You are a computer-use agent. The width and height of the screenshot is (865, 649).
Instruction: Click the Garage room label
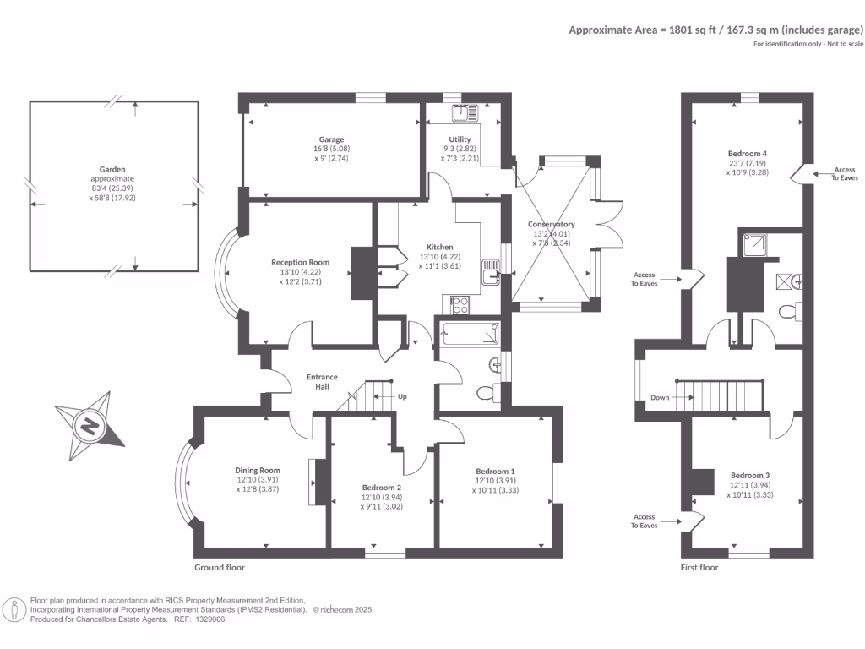(x=331, y=139)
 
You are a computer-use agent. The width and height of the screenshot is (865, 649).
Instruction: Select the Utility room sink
(x=465, y=113)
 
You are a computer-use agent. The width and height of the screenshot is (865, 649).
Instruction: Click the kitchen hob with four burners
(x=460, y=305)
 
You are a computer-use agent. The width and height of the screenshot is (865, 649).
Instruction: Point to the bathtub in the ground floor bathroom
(x=471, y=334)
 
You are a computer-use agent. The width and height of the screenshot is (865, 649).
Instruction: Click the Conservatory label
(x=551, y=224)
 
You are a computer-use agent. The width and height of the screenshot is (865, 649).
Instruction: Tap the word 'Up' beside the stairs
(x=402, y=396)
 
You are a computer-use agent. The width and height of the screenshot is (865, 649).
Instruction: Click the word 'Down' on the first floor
(x=660, y=397)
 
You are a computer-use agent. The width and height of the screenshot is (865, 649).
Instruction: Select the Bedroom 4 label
(x=747, y=154)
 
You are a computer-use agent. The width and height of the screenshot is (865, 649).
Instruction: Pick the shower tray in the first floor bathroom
(x=755, y=245)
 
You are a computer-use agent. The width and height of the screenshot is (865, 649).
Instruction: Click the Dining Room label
(x=258, y=470)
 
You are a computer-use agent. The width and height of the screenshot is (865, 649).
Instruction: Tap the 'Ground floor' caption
(x=219, y=567)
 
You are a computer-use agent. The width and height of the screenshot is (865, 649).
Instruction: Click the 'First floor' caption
(x=699, y=567)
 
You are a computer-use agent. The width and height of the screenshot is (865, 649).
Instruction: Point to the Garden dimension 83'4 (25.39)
(x=112, y=188)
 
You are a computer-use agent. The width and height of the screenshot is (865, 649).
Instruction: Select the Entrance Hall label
(x=322, y=382)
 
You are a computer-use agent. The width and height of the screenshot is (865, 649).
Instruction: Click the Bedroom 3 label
(x=750, y=475)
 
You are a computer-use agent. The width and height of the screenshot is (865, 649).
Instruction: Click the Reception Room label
(x=300, y=262)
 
